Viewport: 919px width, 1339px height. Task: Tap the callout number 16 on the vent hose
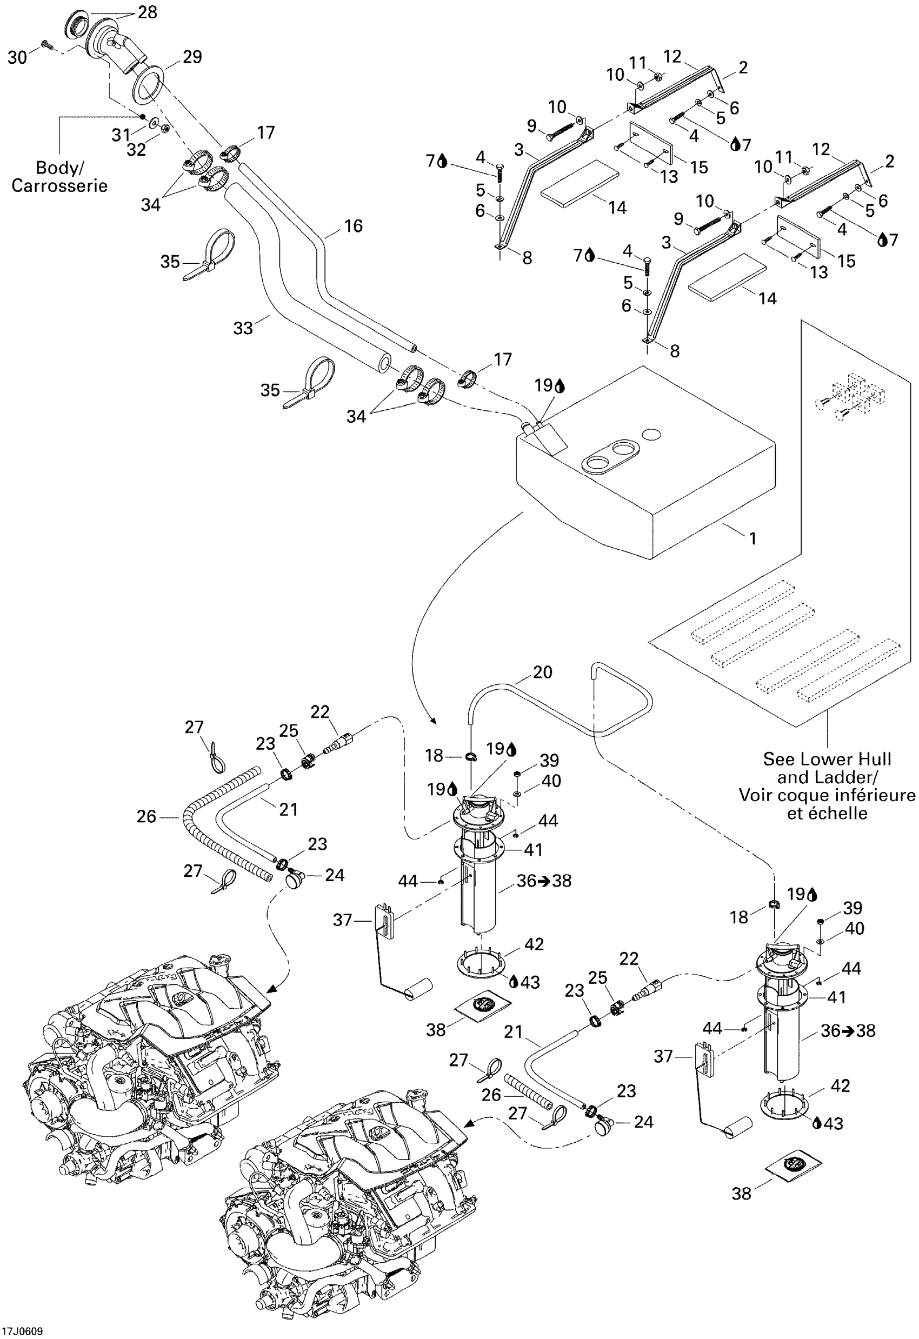353,226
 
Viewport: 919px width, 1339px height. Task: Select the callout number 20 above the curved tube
542,672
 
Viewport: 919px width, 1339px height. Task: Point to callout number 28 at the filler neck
148,12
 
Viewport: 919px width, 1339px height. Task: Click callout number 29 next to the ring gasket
192,57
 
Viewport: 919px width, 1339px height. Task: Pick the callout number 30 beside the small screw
17,58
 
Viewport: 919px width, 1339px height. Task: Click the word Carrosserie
59,185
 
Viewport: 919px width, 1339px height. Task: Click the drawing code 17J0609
22,1331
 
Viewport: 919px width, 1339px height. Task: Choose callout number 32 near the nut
137,150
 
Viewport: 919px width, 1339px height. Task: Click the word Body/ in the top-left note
59,168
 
